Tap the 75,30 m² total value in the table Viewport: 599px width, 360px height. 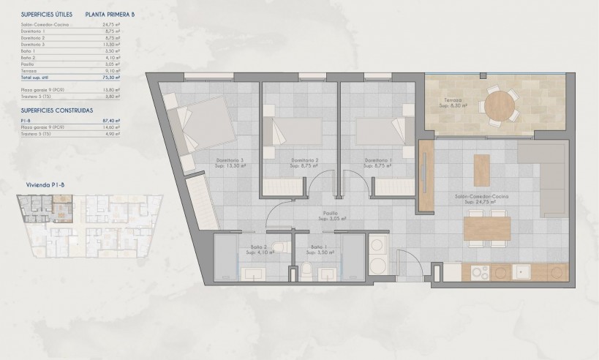point(112,76)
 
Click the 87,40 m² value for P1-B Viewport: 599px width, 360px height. point(112,119)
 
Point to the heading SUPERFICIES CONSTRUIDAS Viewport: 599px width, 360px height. point(56,109)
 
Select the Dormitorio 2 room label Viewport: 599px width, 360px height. point(305,162)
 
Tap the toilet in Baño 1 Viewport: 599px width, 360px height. point(306,273)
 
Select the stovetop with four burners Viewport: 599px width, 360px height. point(480,272)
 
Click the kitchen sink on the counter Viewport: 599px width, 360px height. point(522,272)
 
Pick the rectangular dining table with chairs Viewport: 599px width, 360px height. point(487,228)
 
